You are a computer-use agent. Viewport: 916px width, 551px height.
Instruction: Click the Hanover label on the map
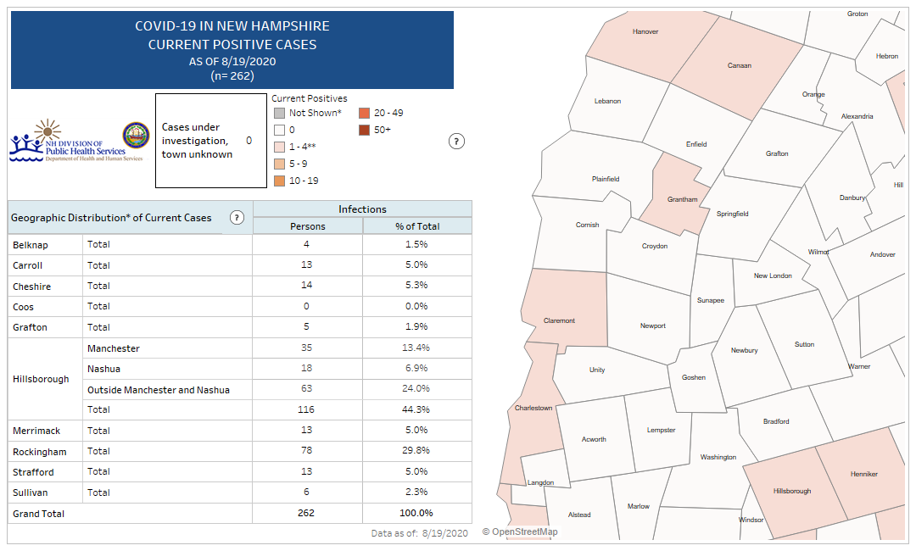pyautogui.click(x=645, y=32)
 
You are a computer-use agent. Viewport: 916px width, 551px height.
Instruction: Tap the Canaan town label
pyautogui.click(x=739, y=65)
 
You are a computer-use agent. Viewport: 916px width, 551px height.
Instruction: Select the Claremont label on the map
pyautogui.click(x=559, y=320)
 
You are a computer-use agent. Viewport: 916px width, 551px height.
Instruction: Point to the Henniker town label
pyautogui.click(x=863, y=474)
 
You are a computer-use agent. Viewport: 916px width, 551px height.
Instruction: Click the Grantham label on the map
pyautogui.click(x=682, y=200)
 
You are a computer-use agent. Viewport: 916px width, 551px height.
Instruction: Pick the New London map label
pyautogui.click(x=773, y=275)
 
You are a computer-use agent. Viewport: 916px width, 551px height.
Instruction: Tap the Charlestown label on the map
pyautogui.click(x=533, y=409)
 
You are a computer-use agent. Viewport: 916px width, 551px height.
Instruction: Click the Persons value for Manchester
pyautogui.click(x=307, y=348)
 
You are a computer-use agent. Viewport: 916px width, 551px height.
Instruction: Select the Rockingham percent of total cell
pyautogui.click(x=416, y=452)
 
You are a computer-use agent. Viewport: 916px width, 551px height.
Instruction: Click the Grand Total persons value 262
pyautogui.click(x=307, y=513)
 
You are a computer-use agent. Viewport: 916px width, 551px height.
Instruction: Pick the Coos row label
pyautogui.click(x=24, y=307)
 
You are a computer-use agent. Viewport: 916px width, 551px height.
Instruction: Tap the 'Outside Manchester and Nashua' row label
pyautogui.click(x=159, y=389)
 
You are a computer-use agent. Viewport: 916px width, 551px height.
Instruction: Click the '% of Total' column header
pyautogui.click(x=417, y=226)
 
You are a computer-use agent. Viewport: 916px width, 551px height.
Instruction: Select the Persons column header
pyautogui.click(x=307, y=226)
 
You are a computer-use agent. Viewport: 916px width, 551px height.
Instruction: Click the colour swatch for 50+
pyautogui.click(x=363, y=130)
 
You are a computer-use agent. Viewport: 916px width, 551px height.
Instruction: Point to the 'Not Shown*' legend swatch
pyautogui.click(x=278, y=113)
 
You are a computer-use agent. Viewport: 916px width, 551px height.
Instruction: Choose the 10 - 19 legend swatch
pyautogui.click(x=278, y=181)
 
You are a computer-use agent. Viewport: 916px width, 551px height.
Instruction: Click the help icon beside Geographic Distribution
pyautogui.click(x=237, y=218)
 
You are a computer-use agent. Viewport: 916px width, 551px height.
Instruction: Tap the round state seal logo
pyautogui.click(x=136, y=136)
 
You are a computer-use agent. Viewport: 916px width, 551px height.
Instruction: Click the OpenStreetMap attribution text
pyautogui.click(x=520, y=532)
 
